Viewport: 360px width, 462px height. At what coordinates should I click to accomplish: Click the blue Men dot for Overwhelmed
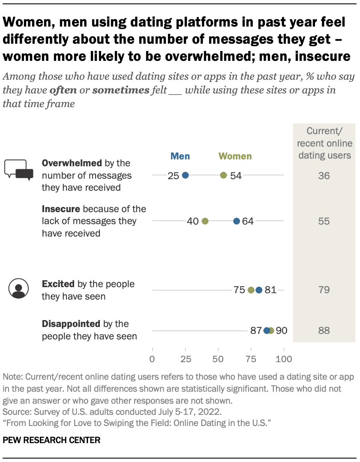pyautogui.click(x=185, y=175)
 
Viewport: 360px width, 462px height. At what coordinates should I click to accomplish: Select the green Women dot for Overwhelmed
pyautogui.click(x=223, y=175)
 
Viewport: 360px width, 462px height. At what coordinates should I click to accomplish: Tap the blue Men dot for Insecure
pyautogui.click(x=237, y=221)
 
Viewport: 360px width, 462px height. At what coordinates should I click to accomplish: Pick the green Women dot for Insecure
pyautogui.click(x=205, y=221)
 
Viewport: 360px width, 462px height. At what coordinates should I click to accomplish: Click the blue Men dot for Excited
pyautogui.click(x=259, y=290)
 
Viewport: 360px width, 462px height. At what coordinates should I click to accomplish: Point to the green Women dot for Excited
pyautogui.click(x=251, y=290)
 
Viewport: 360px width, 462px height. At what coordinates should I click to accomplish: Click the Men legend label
pyautogui.click(x=180, y=156)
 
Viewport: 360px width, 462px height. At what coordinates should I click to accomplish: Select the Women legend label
pyautogui.click(x=235, y=156)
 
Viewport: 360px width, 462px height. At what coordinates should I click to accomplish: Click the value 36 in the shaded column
pyautogui.click(x=324, y=175)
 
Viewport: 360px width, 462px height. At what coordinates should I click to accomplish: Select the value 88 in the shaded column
pyautogui.click(x=324, y=330)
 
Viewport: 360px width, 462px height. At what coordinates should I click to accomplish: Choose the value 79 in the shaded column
pyautogui.click(x=324, y=290)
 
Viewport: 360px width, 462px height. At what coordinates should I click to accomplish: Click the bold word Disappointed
pyautogui.click(x=71, y=324)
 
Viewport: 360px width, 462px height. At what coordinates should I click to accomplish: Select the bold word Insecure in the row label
pyautogui.click(x=61, y=209)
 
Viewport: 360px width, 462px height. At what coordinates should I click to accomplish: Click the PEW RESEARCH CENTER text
pyautogui.click(x=51, y=440)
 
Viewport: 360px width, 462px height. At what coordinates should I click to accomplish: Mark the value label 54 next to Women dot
pyautogui.click(x=235, y=175)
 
